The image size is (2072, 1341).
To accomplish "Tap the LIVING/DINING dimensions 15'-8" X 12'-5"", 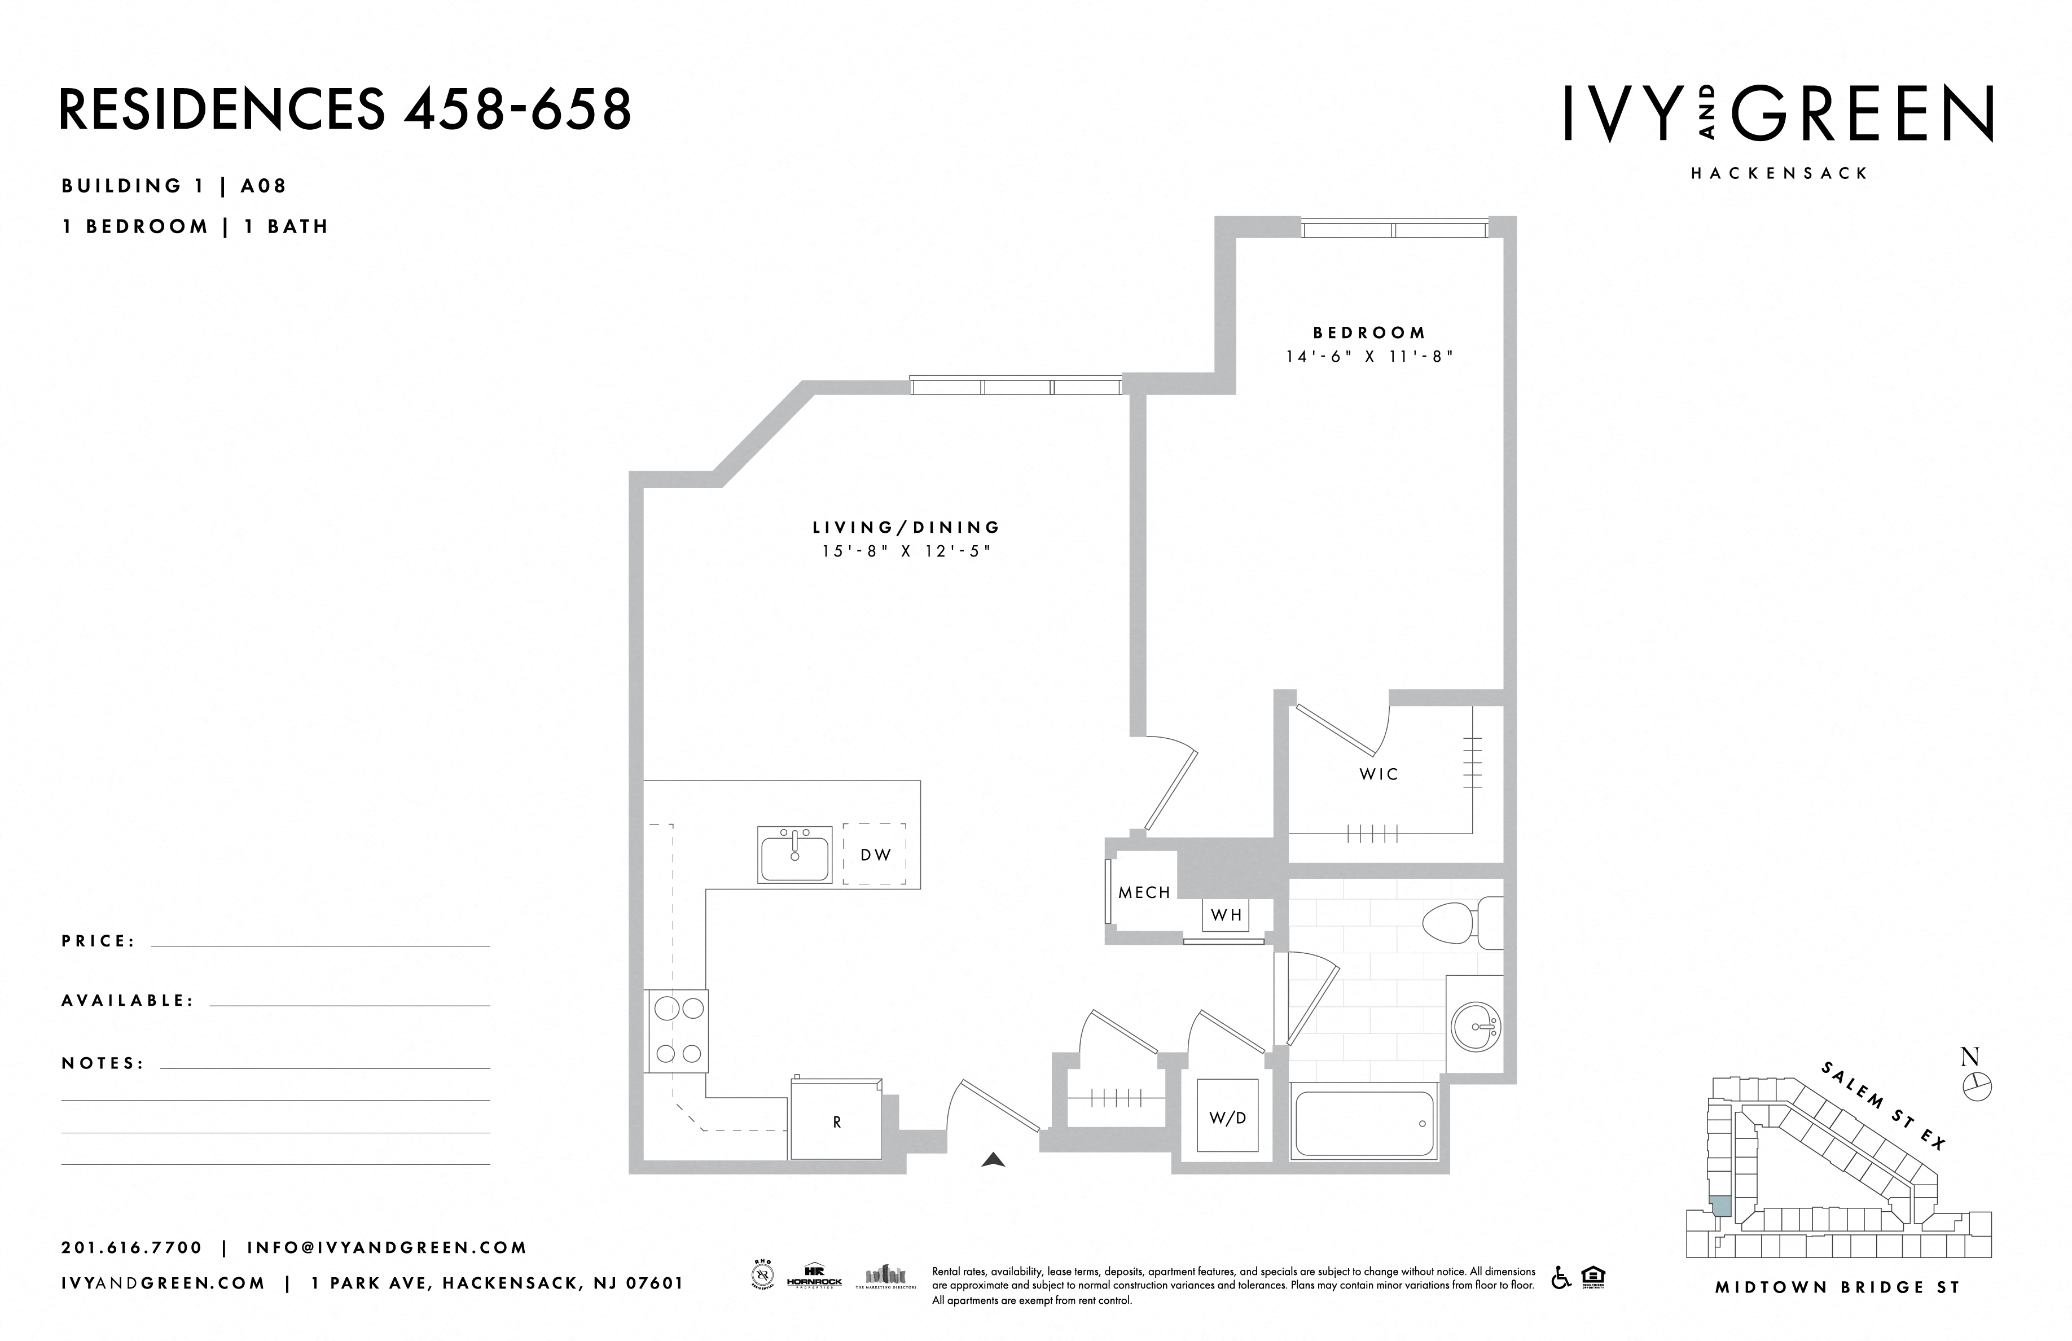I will coord(906,551).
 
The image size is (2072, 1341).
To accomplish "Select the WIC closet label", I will coord(1378,774).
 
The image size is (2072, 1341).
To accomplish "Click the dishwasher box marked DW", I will coord(875,854).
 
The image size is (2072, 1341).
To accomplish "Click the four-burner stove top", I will coord(677,1031).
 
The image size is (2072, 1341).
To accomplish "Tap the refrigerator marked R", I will coord(837,1121).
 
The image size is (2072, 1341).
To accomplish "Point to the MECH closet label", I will coord(1144,892).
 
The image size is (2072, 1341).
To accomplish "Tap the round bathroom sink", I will coord(1476,1028).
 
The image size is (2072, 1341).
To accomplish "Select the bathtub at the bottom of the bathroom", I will coord(1363,1123).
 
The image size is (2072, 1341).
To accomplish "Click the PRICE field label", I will coord(98,941).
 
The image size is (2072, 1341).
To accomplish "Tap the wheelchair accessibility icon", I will coord(1561,1277).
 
